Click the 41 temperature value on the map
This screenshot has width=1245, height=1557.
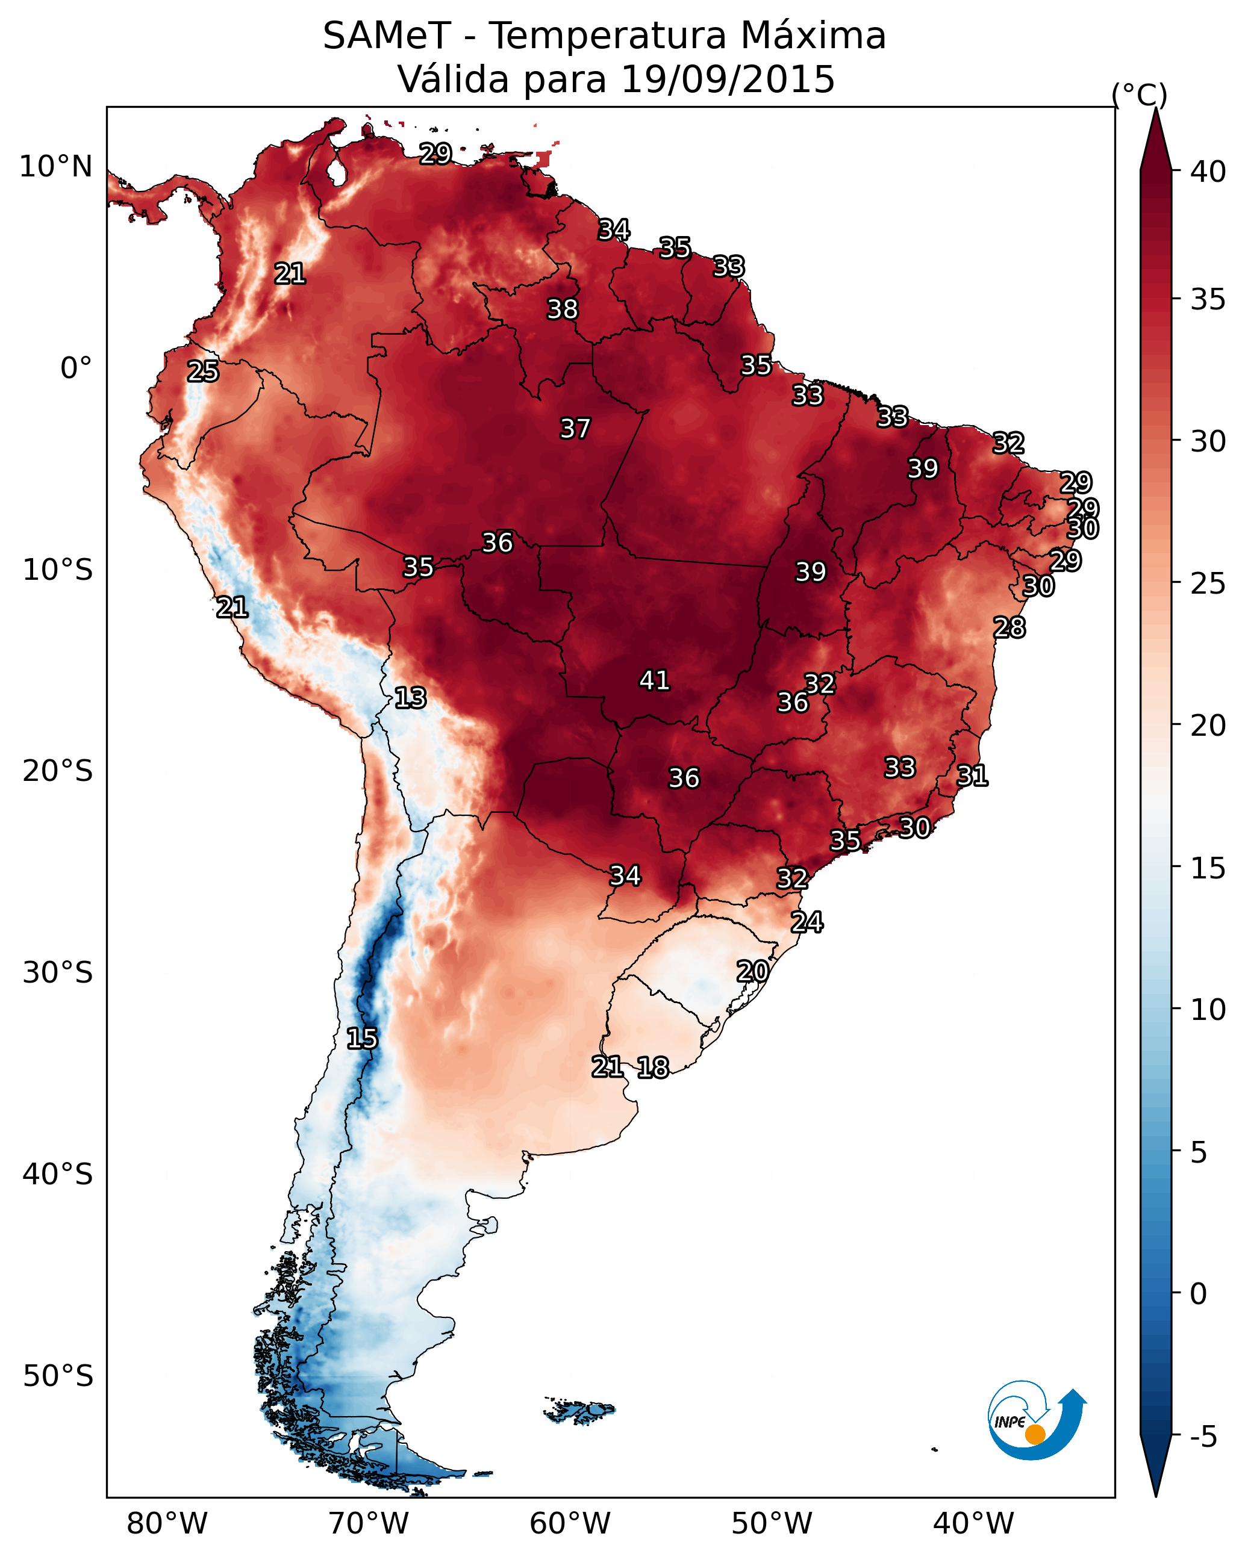[x=655, y=680]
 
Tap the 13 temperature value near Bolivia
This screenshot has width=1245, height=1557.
[x=410, y=698]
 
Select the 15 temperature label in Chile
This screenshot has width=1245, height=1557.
[x=362, y=1039]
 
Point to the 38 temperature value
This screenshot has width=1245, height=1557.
[x=562, y=309]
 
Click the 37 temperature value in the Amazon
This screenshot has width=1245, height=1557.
[x=575, y=428]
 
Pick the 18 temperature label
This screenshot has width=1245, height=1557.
[x=653, y=1068]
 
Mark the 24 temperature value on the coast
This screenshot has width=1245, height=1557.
[x=807, y=922]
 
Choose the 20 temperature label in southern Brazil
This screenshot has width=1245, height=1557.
[x=752, y=971]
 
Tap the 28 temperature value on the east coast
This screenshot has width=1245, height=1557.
[x=1009, y=627]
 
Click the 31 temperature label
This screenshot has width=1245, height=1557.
[x=972, y=775]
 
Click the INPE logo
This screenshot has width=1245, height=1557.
[x=1036, y=1420]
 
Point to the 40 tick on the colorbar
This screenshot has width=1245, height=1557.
[x=1208, y=172]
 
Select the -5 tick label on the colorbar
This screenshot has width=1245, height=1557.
[x=1203, y=1437]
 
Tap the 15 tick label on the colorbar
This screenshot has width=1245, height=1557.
[x=1208, y=868]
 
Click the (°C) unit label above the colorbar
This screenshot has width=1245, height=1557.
[x=1140, y=95]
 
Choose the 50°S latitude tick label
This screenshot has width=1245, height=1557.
[x=58, y=1376]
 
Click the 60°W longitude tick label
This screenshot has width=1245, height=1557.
[x=570, y=1523]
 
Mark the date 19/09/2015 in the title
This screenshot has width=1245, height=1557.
[x=727, y=79]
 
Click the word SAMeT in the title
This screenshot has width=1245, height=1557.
[x=387, y=36]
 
